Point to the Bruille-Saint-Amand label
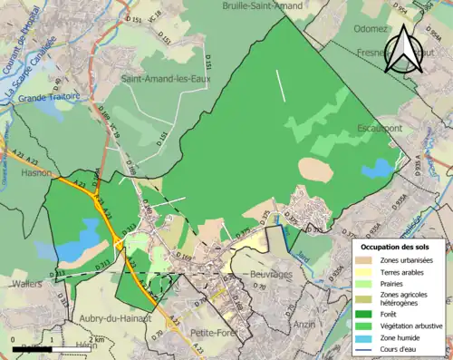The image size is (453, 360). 263,5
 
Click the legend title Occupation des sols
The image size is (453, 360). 401,247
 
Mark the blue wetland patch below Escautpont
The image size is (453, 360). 374,169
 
